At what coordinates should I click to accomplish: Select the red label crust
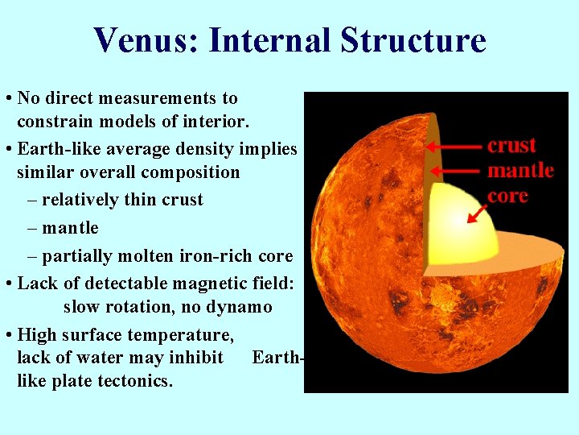pos(511,145)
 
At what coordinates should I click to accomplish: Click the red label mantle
pos(520,170)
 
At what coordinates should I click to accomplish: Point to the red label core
pos(507,196)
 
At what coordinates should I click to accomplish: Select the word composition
pos(190,172)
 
